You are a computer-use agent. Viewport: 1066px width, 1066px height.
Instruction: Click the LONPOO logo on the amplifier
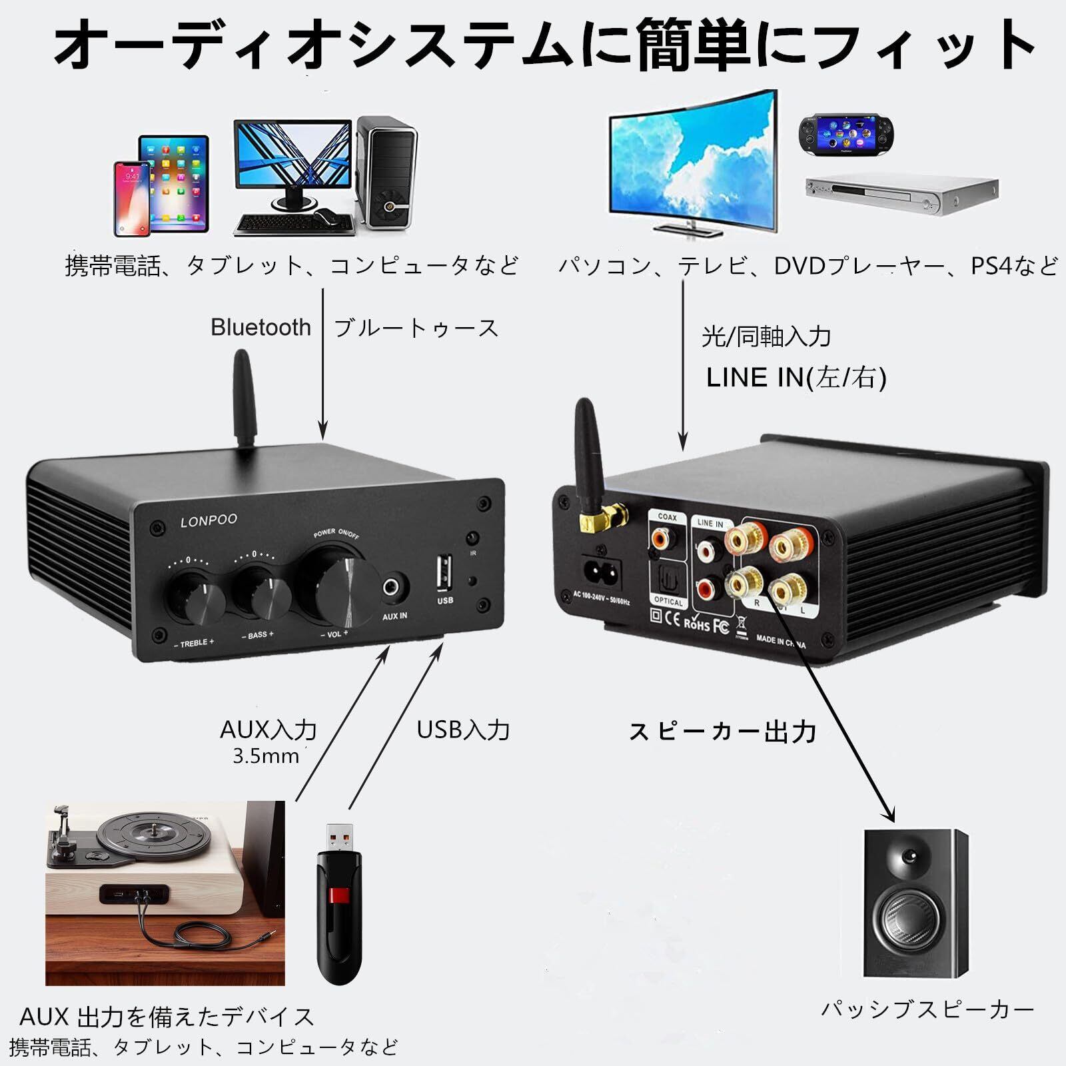[x=209, y=520]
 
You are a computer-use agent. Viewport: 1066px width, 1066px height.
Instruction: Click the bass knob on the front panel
[x=263, y=593]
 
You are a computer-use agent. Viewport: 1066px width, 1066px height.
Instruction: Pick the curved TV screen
[x=693, y=163]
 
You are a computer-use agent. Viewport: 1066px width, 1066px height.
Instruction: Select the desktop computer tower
[x=387, y=173]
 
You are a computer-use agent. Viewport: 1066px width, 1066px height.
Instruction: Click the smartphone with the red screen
[x=132, y=198]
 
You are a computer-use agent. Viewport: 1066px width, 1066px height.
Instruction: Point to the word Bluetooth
[x=261, y=327]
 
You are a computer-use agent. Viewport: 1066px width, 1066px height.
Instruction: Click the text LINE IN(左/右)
[x=796, y=378]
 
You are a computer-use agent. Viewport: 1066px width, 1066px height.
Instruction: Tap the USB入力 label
[x=463, y=730]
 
